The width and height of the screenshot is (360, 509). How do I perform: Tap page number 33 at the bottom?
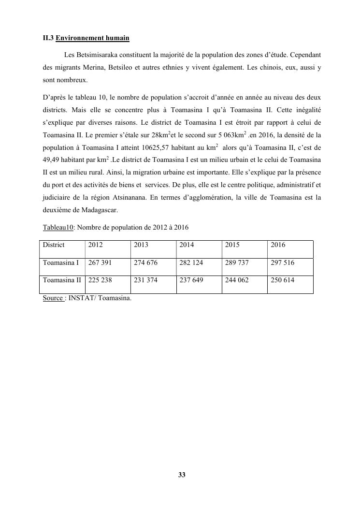tap(182, 475)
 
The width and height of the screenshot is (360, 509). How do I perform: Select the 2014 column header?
tap(187, 245)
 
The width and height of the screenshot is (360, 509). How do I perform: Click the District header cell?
tap(54, 245)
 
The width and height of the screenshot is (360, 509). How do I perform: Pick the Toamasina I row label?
tap(60, 263)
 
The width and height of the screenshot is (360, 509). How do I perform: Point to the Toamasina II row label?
tap(62, 280)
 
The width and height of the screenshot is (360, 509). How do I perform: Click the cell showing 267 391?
tap(100, 263)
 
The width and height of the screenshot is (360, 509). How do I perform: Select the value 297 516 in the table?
tap(283, 263)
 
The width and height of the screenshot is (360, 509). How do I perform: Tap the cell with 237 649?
tap(191, 280)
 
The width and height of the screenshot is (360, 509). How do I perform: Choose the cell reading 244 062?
tap(237, 280)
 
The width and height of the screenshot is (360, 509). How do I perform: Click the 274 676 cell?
tap(145, 263)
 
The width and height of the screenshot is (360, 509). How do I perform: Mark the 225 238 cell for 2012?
tap(100, 280)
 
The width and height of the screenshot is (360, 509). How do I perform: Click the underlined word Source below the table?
tap(53, 298)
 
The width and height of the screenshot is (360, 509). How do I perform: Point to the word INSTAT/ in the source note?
tap(82, 298)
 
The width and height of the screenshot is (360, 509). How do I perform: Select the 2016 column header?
tap(278, 245)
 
